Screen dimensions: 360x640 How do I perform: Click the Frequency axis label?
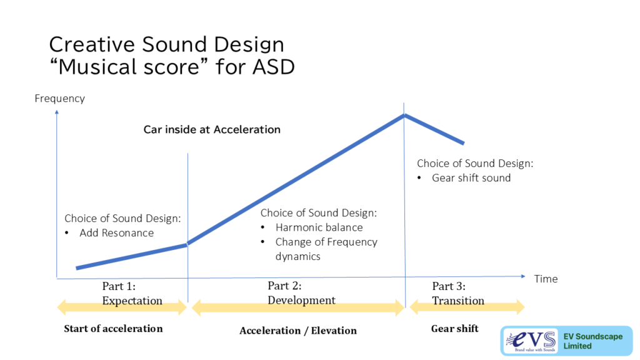pos(60,98)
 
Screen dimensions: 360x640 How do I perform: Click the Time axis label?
pos(546,279)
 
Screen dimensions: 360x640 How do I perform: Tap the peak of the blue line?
pos(405,115)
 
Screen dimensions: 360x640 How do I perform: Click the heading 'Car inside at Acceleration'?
pos(212,130)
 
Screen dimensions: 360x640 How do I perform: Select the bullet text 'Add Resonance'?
pos(116,233)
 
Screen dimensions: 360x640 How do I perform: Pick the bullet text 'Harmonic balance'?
pos(319,227)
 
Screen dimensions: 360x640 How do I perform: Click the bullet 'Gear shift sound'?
pos(471,178)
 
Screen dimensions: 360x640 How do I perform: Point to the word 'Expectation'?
pos(132,301)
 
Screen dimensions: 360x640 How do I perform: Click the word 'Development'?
pos(301,300)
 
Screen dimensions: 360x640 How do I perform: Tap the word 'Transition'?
pos(458,301)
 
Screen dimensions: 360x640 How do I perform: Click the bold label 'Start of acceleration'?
pos(113,329)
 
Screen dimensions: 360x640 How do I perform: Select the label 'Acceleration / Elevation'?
pos(298,331)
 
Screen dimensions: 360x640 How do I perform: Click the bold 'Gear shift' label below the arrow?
pos(455,329)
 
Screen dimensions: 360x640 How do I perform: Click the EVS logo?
pos(531,341)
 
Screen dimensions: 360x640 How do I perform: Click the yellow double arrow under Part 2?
pos(298,307)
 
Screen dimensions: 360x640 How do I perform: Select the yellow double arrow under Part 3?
pos(466,307)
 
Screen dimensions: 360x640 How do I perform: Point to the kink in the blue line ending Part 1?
pos(187,244)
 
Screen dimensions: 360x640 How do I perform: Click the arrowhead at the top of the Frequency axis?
pos(57,112)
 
